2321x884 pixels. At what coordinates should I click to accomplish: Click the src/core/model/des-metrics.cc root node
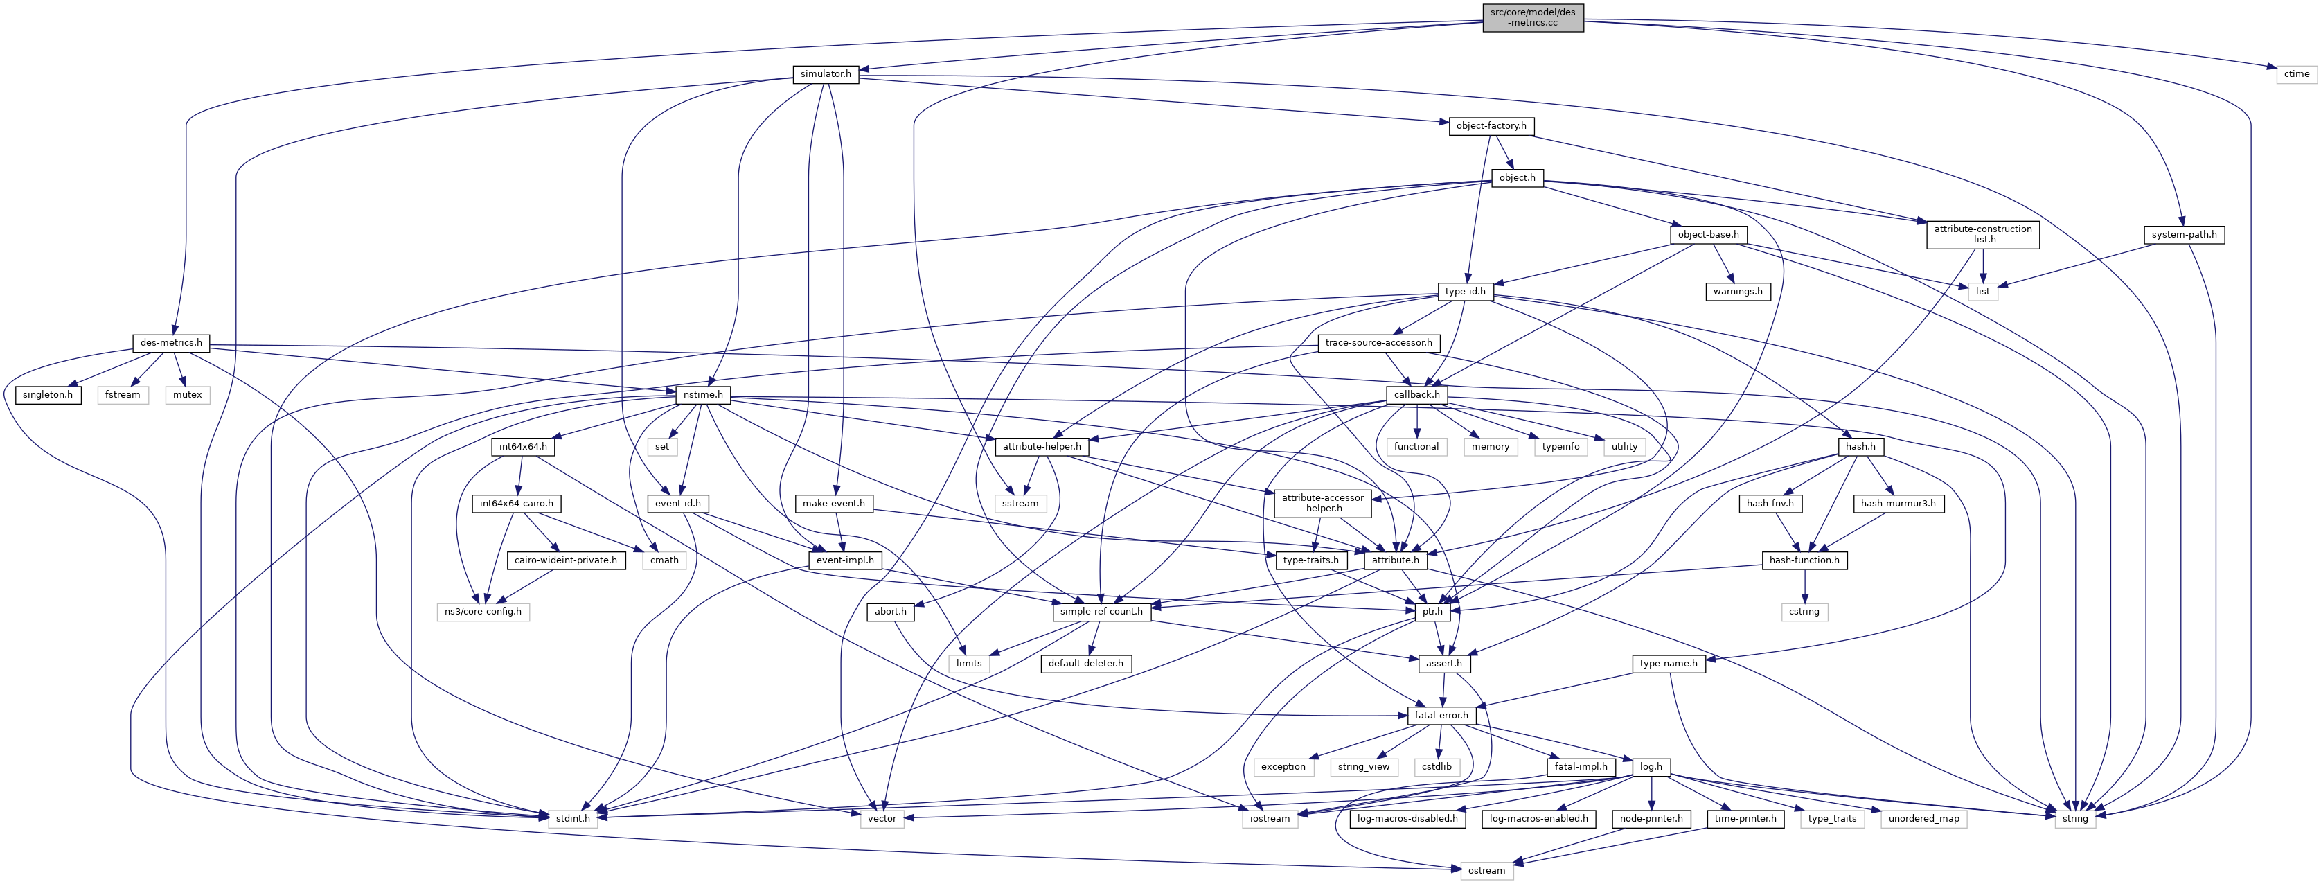click(1533, 17)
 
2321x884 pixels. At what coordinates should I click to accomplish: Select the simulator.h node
click(826, 74)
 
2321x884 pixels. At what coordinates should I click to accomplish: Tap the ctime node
click(2297, 74)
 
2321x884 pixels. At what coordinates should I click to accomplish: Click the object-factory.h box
click(1491, 126)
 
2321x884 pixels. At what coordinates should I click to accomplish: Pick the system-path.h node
click(2183, 234)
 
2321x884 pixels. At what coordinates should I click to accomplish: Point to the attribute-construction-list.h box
click(1982, 234)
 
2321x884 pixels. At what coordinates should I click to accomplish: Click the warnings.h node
click(1737, 291)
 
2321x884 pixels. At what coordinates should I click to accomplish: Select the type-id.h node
click(1465, 291)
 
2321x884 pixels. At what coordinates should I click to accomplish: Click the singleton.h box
click(48, 395)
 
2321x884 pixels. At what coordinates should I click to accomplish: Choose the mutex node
click(188, 395)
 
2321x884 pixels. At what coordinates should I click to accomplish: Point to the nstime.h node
click(702, 395)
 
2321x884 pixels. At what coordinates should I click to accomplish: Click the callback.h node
click(1416, 395)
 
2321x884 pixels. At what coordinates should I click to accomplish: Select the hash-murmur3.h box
click(1898, 503)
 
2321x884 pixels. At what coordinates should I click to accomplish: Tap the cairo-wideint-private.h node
click(566, 560)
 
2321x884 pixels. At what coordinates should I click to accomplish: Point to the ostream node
click(1486, 870)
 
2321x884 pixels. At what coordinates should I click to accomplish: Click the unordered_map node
click(1923, 818)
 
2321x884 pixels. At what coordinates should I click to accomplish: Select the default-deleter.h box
click(1086, 663)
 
